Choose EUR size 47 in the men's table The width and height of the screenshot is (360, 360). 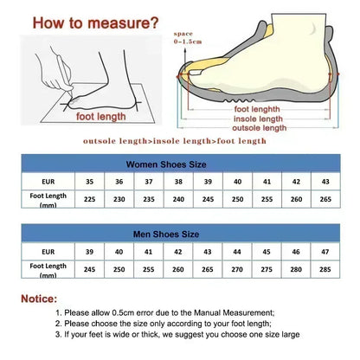[x=325, y=252]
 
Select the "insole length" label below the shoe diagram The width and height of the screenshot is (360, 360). [x=257, y=119]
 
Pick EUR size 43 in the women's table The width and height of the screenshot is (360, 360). [x=325, y=183]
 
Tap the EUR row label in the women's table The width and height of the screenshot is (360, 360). [x=48, y=183]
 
